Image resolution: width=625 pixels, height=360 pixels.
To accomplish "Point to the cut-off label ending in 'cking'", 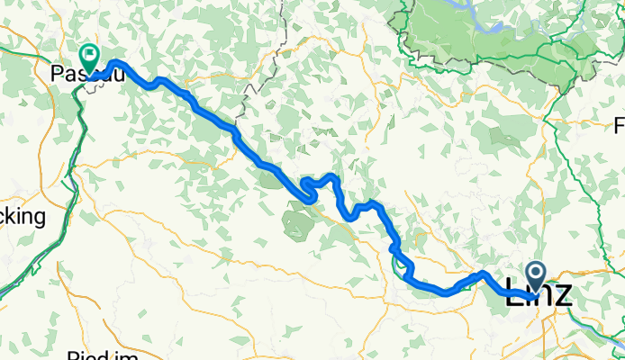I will [23, 217].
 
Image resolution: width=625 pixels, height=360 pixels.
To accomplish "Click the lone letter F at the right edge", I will [619, 124].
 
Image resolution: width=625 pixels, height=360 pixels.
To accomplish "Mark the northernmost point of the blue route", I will [116, 62].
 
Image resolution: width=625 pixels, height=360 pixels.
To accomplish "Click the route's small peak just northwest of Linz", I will [484, 273].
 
